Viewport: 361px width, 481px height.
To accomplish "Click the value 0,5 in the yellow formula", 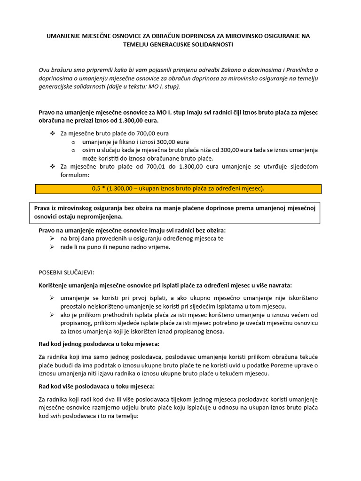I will coord(96,188).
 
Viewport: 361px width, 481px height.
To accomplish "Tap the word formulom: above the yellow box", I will coord(75,174).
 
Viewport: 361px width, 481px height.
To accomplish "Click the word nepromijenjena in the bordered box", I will coord(100,217).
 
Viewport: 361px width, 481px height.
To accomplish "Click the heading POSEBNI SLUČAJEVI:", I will coord(66,272).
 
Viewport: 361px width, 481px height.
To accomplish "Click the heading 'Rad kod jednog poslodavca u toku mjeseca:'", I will coord(99,344).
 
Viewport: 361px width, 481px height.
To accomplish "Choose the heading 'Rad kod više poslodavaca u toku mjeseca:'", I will coord(96,387).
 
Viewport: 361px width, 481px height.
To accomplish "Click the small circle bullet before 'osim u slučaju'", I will coord(73,150).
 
